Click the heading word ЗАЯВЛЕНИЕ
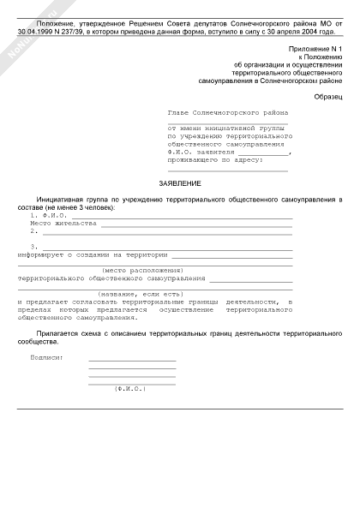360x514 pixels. click(180, 184)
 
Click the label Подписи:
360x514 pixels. click(47, 356)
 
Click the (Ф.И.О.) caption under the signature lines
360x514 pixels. click(130, 388)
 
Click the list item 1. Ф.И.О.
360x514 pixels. click(48, 215)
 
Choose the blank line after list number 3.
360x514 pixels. click(167, 247)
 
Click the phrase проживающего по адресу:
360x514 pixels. click(210, 159)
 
